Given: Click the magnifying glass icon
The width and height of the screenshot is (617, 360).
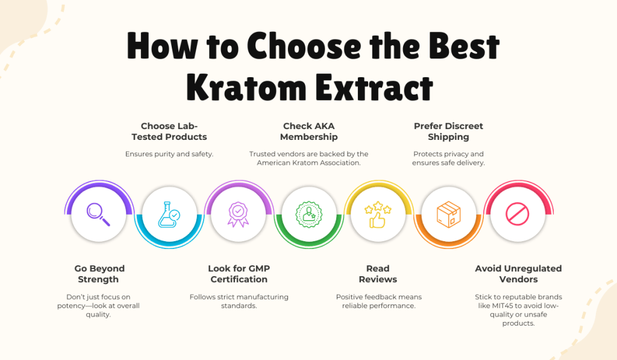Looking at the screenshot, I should click(98, 214).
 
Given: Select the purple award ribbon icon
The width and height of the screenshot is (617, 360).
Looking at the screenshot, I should click(239, 214).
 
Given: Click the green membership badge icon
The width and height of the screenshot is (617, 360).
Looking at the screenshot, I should click(308, 214).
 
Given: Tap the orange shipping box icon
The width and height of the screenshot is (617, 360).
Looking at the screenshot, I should click(448, 214).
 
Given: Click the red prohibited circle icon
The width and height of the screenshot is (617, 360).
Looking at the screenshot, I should click(518, 214).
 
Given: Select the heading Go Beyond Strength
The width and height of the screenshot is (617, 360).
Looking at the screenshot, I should click(99, 274).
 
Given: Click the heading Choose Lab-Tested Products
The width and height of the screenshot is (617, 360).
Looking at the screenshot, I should click(169, 131).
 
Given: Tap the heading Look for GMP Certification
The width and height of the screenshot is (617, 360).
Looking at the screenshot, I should click(239, 274).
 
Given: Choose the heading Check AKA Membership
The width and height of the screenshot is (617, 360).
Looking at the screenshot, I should click(308, 131).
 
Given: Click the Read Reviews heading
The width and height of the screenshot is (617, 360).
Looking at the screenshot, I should click(378, 274).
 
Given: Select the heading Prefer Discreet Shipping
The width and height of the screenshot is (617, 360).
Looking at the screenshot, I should click(448, 131).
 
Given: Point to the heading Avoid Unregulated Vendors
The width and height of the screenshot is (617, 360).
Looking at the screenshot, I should click(518, 274).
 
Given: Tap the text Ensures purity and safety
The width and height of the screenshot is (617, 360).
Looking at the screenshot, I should click(169, 154).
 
